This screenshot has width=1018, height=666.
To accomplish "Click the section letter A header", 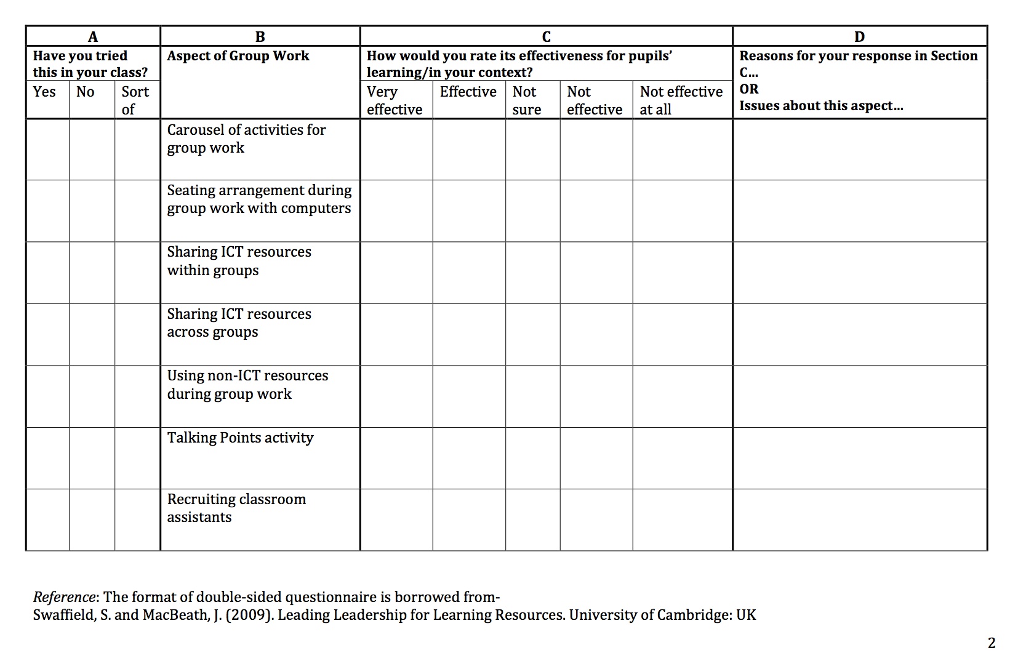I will [x=93, y=36].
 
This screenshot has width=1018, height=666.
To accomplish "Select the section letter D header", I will [x=859, y=36].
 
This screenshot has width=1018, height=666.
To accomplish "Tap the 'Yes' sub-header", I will [x=44, y=92].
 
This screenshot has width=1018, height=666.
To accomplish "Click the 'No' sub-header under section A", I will [x=85, y=92].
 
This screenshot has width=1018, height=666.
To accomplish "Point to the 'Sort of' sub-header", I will [x=135, y=100].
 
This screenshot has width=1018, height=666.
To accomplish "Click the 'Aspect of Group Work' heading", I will [x=238, y=56].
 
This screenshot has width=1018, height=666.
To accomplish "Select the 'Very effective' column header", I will [x=395, y=100].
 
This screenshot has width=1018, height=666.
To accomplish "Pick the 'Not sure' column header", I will [x=527, y=100].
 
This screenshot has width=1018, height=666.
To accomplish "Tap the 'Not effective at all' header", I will [x=681, y=100].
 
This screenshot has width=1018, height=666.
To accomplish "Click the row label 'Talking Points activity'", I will [x=240, y=438].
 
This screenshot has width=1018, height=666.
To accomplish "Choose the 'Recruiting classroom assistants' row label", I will [x=236, y=508].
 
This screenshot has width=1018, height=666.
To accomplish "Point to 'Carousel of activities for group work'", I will [x=246, y=138].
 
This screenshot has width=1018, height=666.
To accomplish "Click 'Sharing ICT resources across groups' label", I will [x=239, y=323].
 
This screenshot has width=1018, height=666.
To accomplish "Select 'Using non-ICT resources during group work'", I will [x=247, y=385].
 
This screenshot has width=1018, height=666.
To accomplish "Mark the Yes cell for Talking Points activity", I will [x=47, y=458].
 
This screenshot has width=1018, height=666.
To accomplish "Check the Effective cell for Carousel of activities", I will [x=469, y=149].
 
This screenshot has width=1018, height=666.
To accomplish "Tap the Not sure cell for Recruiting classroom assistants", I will [x=532, y=520].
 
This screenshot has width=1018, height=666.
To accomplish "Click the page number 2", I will [x=991, y=643].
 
